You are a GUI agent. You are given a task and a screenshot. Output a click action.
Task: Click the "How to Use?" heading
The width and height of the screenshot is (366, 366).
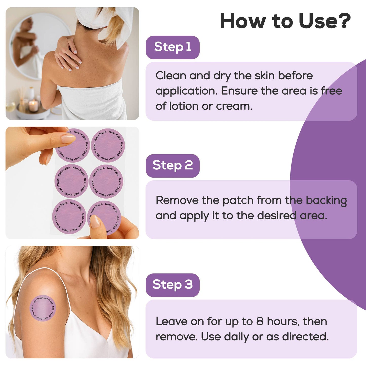click(x=285, y=21)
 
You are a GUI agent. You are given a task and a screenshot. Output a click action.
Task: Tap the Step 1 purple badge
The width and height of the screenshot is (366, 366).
click(x=172, y=47)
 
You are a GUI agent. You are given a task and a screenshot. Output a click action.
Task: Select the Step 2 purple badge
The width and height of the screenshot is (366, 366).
click(x=172, y=166)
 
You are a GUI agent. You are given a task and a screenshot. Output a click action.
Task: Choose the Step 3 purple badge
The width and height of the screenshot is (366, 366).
click(x=172, y=285)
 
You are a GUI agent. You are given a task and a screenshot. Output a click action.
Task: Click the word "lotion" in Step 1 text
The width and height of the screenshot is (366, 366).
click(x=184, y=106)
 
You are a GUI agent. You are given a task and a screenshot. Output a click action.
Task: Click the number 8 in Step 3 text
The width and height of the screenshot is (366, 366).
click(x=260, y=321)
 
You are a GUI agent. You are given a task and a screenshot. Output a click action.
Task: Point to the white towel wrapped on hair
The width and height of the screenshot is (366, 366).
click(x=106, y=18)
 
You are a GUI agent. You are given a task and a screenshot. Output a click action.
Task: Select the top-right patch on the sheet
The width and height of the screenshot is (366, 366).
click(x=108, y=145)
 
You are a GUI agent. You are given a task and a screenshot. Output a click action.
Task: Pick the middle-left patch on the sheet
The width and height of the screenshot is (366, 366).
click(x=71, y=181)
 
